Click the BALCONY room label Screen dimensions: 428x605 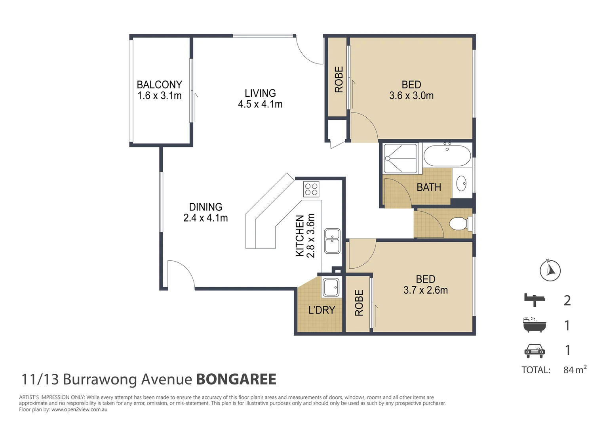159,84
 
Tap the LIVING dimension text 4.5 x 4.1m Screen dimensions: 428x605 260,104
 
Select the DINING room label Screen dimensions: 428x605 205,207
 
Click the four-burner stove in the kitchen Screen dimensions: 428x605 311,189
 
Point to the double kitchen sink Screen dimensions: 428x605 332,241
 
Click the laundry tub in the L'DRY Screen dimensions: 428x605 331,287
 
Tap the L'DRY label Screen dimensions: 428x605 322,310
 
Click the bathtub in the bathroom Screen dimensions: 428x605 447,156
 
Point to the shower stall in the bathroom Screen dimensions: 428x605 401,159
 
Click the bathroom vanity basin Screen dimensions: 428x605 461,184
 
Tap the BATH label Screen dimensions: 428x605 429,187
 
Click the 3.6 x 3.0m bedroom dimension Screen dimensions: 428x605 411,96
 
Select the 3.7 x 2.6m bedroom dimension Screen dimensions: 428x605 426,290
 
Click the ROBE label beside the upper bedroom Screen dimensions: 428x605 339,80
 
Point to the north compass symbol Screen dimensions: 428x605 550,271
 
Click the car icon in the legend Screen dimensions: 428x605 535,350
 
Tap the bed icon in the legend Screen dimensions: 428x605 535,300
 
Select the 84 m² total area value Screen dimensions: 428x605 575,370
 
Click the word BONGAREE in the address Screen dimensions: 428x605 236,379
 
